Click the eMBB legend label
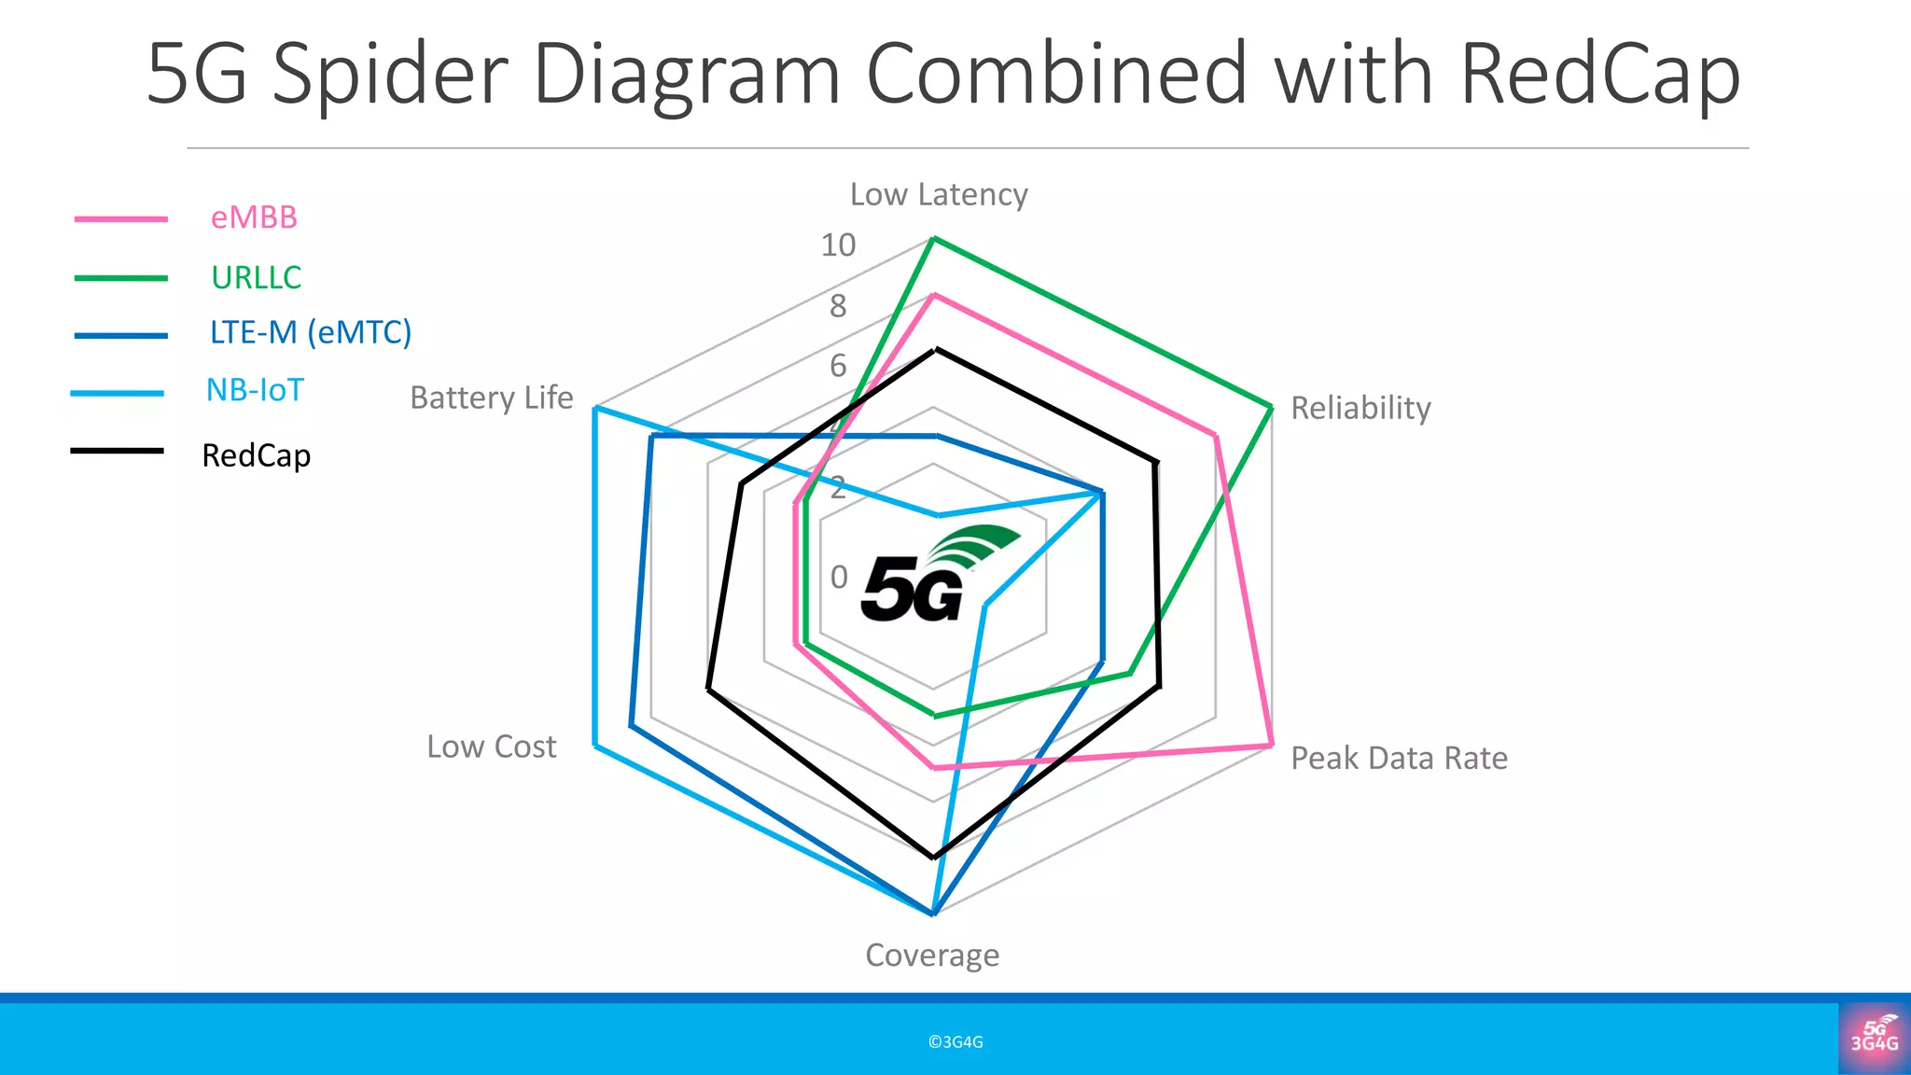(254, 217)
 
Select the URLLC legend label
(256, 277)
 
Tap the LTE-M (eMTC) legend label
(310, 332)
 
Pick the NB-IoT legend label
(255, 390)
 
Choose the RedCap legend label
(256, 455)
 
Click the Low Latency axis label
(938, 194)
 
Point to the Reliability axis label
(1360, 408)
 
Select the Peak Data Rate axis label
(1398, 758)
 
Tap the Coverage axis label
(931, 955)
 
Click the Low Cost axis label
(491, 747)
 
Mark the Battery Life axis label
(491, 398)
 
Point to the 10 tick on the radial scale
(837, 245)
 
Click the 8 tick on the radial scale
(838, 306)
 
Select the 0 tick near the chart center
(839, 578)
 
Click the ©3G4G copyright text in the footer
(955, 1041)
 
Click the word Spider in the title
(389, 75)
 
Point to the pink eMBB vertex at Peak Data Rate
(1271, 745)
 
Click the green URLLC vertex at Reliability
(1271, 407)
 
